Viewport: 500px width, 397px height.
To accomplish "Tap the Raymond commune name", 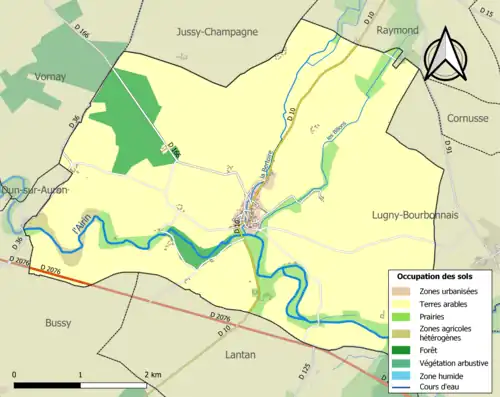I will pos(397,30).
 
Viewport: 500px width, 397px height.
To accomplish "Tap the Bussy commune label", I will pos(59,323).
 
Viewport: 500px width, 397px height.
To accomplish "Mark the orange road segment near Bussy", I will pos(59,276).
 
